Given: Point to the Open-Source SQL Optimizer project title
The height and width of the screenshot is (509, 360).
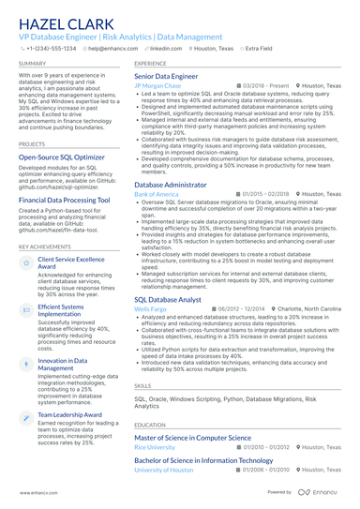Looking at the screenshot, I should pyautogui.click(x=62, y=157).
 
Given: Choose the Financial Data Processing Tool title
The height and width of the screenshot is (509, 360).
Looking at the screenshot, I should pyautogui.click(x=67, y=200).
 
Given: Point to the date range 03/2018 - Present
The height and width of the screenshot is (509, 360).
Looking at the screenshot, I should pyautogui.click(x=266, y=85).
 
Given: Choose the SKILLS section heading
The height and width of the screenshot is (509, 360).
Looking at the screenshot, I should pyautogui.click(x=142, y=385).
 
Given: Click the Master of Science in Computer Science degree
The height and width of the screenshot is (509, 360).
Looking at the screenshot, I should pyautogui.click(x=205, y=437).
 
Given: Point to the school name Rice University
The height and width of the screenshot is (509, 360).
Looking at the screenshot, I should pyautogui.click(x=156, y=447).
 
